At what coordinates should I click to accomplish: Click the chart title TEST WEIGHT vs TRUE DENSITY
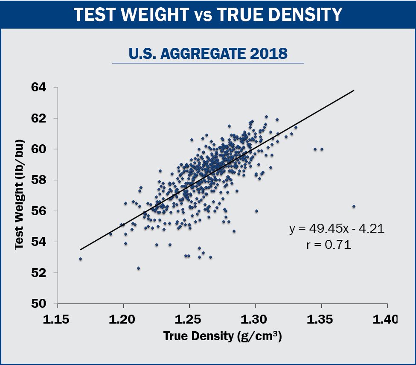point(208,15)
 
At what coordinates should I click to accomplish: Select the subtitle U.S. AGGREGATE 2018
point(208,54)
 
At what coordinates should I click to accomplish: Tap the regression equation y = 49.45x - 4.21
point(337,229)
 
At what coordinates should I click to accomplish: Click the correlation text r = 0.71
point(329,245)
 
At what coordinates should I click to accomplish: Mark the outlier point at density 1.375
point(354,206)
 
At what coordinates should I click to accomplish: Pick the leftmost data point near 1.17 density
point(80,259)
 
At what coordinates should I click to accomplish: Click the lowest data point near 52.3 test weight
point(138,268)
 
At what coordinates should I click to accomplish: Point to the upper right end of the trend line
point(354,91)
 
